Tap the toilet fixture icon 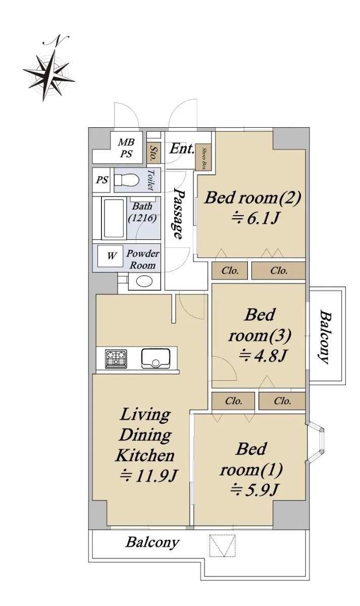tap(126, 180)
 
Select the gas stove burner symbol tap(116, 359)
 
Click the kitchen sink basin tap(156, 359)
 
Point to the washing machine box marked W tap(111, 256)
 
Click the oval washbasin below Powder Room tap(144, 281)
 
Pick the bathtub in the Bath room tap(114, 218)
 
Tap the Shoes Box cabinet tap(204, 158)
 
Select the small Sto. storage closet tap(153, 154)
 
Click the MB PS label tap(126, 148)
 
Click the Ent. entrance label tap(182, 148)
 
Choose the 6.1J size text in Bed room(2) tap(255, 218)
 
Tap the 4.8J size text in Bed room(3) tap(262, 356)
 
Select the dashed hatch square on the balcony tap(222, 546)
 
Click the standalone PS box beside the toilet tap(101, 180)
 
